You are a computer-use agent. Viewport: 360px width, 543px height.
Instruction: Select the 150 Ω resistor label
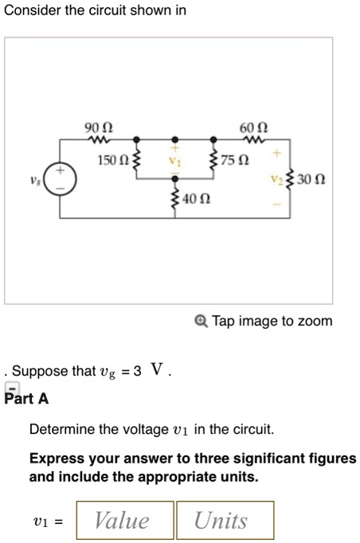[x=112, y=162]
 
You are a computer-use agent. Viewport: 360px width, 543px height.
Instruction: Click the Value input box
[x=125, y=521]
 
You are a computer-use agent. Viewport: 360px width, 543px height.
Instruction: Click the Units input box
[x=225, y=521]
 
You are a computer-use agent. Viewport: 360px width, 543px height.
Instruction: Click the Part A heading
[x=27, y=398]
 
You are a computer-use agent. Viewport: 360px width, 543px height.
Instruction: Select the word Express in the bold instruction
[x=55, y=460]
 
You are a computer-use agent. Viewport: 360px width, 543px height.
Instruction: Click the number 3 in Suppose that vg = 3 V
[x=138, y=372]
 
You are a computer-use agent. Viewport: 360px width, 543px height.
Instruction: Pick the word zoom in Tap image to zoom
[x=316, y=322]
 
